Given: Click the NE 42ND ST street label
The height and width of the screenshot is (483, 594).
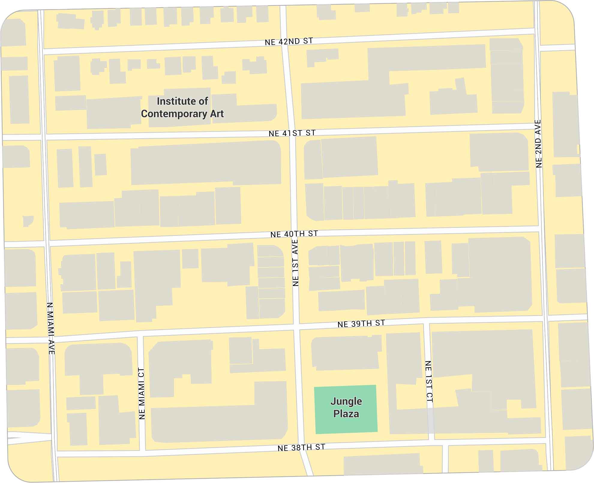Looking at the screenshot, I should coord(289,41).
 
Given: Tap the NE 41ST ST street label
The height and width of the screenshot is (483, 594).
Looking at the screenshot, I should coord(292,133).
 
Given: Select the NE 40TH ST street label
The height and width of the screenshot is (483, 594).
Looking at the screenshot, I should coord(294,234).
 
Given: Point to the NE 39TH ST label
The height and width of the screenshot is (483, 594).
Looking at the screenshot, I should coord(361,323).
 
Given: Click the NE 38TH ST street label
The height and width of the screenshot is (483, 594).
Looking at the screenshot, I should coord(301,448).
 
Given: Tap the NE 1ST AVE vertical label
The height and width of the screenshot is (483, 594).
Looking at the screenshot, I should coord(295,263).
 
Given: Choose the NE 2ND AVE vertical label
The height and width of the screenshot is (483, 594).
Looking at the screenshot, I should coord(538,144).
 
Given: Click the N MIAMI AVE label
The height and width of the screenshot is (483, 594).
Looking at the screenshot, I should coord(51,328).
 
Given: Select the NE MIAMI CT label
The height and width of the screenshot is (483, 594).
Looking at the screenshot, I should coord(142,393).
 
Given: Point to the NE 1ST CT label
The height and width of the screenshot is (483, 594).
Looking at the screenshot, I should coord(429,381).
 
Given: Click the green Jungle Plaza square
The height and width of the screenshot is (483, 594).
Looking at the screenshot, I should coord(346,409).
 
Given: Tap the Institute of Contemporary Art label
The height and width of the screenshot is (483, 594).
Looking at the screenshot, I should coord(182,107).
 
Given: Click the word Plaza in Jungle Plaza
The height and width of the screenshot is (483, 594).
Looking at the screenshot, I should coord(346,414).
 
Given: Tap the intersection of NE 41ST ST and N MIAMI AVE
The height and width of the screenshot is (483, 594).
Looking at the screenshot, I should coord(43,137).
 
